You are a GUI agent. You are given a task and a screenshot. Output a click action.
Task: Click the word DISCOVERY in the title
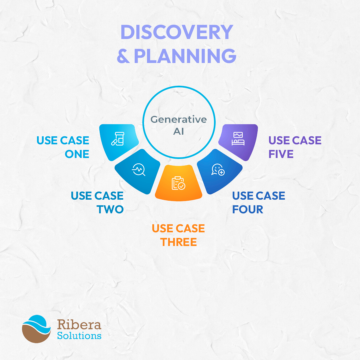(177, 32)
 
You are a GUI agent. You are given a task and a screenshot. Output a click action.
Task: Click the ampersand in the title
(123, 56)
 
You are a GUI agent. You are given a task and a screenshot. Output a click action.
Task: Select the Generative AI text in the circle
(179, 125)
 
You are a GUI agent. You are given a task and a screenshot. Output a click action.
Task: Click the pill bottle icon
(118, 139)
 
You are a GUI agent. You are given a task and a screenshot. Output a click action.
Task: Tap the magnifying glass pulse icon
(138, 169)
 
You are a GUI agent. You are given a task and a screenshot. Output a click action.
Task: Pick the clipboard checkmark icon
(178, 183)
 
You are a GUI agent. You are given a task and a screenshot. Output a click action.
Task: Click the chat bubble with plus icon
(218, 170)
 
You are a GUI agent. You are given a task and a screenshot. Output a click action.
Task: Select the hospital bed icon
(238, 139)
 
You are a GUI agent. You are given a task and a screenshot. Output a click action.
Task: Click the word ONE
(77, 154)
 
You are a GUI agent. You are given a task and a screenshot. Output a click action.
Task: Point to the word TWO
(110, 209)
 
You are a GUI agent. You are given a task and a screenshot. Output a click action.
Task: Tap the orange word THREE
(178, 242)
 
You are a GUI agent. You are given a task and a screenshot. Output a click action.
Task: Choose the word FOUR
(247, 209)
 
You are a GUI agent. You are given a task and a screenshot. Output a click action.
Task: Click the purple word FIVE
(281, 154)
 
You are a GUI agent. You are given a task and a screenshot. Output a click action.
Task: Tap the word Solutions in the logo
(79, 336)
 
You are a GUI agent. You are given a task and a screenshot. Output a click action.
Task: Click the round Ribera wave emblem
(36, 329)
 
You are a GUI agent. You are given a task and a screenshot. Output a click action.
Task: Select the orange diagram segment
(179, 183)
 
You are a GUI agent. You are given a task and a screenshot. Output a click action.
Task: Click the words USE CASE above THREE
(178, 228)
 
